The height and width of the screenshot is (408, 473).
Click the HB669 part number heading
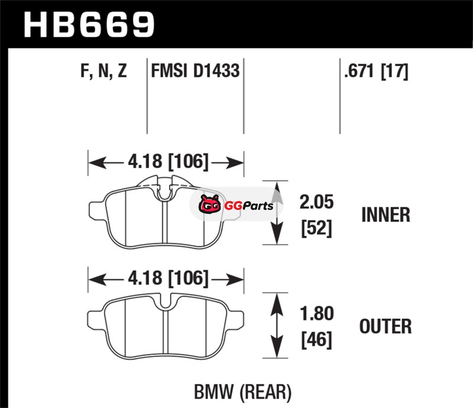[89, 25]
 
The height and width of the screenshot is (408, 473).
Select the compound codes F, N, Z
[103, 70]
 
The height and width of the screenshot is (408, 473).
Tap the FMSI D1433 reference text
[195, 70]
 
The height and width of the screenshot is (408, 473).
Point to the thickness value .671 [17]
[376, 71]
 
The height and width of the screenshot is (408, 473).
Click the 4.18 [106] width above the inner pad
[168, 162]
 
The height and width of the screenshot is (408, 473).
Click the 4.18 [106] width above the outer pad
[168, 278]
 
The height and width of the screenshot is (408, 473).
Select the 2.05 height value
[316, 202]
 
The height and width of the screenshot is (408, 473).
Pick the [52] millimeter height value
[316, 228]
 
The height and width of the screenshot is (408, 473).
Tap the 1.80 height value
[316, 314]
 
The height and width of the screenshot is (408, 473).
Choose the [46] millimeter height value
[316, 340]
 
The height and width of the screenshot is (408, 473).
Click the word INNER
[386, 215]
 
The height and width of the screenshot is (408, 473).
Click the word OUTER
[385, 327]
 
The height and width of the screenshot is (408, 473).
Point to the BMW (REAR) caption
[243, 392]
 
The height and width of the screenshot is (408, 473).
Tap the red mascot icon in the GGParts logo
[210, 204]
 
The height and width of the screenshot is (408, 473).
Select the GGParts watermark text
[248, 206]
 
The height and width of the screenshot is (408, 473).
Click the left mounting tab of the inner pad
[97, 210]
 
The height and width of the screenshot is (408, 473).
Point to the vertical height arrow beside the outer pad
[277, 325]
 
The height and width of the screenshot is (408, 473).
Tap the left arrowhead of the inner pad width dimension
[97, 163]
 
